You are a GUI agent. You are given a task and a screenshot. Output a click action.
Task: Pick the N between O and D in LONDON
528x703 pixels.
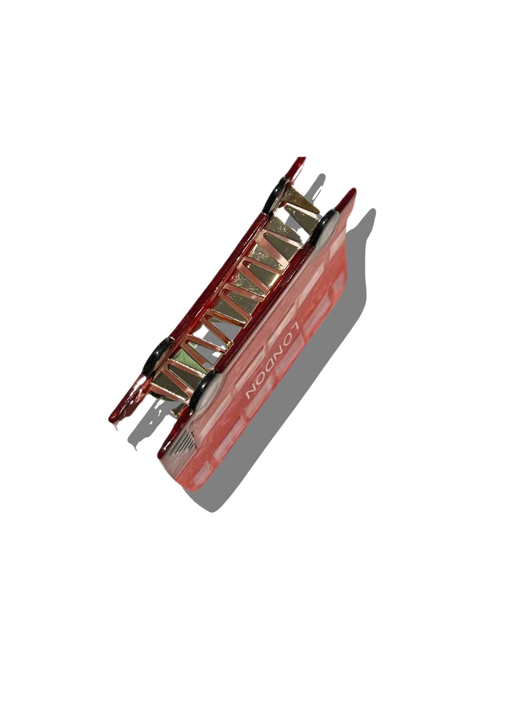pyautogui.click(x=279, y=349)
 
